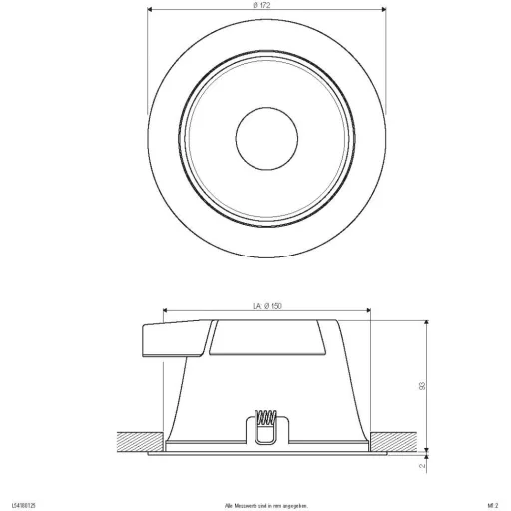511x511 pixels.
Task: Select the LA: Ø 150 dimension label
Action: click(264, 308)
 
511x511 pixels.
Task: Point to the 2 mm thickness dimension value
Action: click(422, 464)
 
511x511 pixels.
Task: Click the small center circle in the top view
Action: click(264, 134)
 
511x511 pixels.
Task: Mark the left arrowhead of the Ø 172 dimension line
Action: click(151, 13)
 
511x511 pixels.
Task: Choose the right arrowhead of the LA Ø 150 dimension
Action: click(368, 314)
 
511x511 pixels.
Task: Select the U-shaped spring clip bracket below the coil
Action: click(265, 435)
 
